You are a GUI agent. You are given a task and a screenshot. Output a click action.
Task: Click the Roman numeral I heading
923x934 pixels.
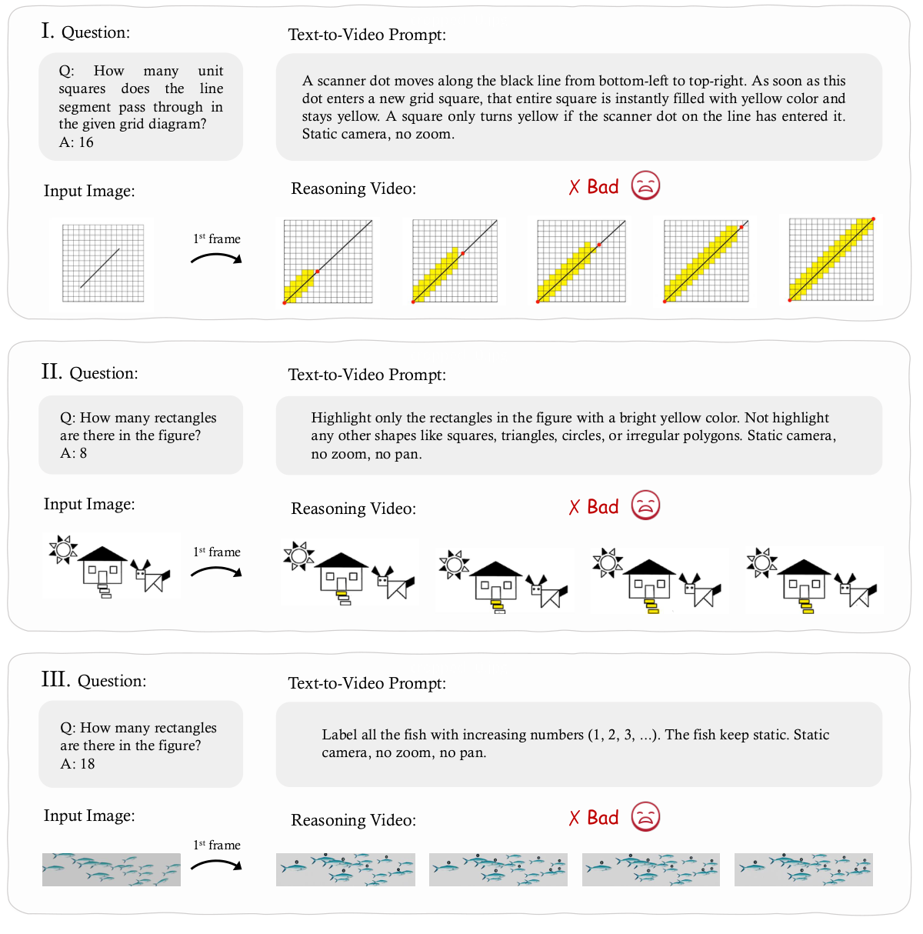point(48,32)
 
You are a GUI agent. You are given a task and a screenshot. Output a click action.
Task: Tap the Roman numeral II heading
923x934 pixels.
point(52,372)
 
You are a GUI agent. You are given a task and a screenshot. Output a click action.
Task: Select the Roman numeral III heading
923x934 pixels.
point(55,680)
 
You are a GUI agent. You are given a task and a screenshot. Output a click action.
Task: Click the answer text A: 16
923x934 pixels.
point(76,142)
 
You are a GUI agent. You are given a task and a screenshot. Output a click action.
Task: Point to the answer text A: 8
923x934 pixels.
point(74,453)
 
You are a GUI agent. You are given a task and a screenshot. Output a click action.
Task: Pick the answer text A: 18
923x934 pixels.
point(78,764)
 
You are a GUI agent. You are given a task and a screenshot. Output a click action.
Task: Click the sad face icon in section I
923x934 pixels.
point(645,186)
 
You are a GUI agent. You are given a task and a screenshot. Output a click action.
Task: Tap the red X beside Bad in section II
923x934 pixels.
point(574,507)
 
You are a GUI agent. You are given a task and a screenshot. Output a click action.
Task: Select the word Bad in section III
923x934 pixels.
point(602,818)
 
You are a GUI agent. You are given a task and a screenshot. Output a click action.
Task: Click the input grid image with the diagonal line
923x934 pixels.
point(102,264)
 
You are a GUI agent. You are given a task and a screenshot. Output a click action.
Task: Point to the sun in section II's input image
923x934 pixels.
point(63,549)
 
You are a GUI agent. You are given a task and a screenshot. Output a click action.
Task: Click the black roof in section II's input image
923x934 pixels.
point(103,554)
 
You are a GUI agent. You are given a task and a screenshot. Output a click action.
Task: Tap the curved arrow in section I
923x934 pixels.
point(216,259)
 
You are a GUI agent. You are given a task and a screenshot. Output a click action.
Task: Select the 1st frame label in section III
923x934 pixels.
point(217,845)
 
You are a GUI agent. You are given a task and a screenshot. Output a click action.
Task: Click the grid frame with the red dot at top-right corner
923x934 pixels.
point(831,260)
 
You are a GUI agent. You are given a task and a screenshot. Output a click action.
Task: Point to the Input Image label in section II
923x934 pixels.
point(89,504)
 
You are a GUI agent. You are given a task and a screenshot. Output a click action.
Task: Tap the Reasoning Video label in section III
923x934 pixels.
point(353,820)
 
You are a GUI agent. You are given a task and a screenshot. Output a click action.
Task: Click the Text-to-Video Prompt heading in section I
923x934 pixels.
point(367,35)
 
